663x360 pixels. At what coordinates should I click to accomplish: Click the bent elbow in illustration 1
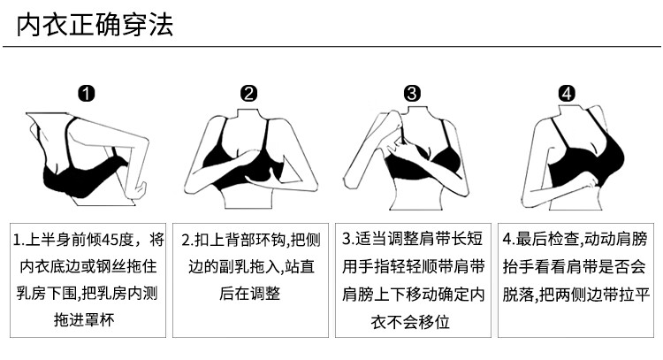pyautogui.click(x=136, y=190)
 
